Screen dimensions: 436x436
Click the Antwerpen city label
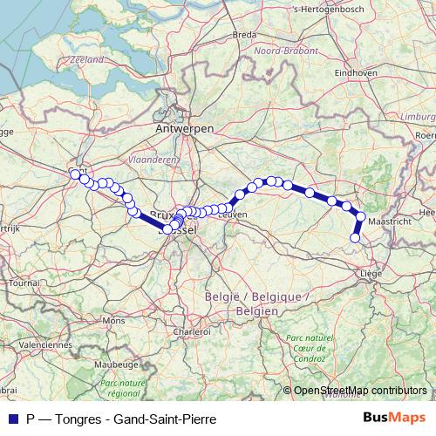tap(184, 128)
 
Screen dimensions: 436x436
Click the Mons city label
tap(113, 321)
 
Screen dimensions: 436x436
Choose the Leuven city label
tap(234, 214)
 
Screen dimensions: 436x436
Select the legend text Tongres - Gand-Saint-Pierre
tap(121, 419)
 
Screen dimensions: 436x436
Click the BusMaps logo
tap(394, 418)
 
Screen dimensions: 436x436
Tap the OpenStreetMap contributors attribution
tap(360, 390)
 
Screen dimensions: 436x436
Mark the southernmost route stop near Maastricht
tap(355, 238)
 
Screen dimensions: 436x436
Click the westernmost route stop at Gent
tap(75, 174)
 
